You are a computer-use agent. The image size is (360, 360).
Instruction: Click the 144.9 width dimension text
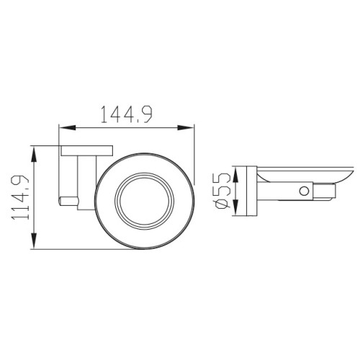pyautogui.click(x=127, y=114)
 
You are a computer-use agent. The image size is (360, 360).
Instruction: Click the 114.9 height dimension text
pyautogui.click(x=20, y=197)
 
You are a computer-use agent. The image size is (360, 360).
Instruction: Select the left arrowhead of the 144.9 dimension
pyautogui.click(x=68, y=128)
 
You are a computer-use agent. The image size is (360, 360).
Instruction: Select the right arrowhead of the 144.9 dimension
pyautogui.click(x=186, y=127)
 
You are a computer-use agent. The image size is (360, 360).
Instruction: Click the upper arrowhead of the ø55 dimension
pyautogui.click(x=236, y=175)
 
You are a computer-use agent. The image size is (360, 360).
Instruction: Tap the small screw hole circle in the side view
pyautogui.click(x=304, y=191)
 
